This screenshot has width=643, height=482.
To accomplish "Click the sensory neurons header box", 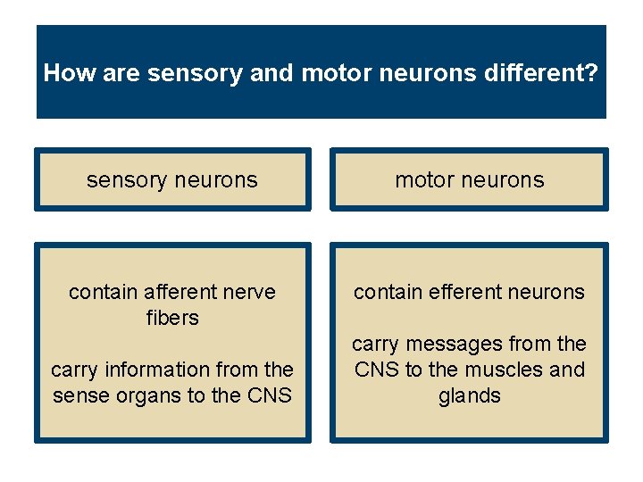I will tap(172, 179).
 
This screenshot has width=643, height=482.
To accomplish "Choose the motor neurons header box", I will tap(469, 179).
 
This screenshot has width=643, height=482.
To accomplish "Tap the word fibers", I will tap(172, 318).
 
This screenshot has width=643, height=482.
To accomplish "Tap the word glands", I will tap(469, 395).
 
